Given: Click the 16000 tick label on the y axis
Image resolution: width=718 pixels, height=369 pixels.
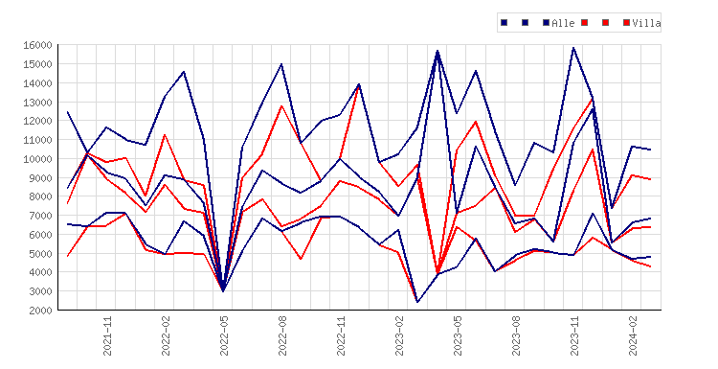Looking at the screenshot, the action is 37,45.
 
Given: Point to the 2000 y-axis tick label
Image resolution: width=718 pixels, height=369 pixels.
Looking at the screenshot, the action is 40,311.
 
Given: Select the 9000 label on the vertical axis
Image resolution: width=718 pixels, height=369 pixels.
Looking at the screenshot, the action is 40,178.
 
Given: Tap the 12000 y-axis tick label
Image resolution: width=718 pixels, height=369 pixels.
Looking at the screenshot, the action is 37,121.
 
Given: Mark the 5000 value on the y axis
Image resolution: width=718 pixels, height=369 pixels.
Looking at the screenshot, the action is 40,253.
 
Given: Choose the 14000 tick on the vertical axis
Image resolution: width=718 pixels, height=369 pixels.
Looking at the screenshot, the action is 37,83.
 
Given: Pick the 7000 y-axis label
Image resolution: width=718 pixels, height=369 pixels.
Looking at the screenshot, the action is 40,216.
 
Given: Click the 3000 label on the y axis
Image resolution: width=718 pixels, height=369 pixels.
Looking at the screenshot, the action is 40,291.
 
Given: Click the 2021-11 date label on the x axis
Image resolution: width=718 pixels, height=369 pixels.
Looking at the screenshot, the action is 107,336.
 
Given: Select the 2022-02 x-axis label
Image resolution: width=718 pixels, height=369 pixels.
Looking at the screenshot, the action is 166,336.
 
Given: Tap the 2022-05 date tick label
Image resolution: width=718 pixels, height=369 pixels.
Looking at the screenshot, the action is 224,336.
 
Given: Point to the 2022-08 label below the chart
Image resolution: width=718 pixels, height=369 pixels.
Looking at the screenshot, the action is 282,336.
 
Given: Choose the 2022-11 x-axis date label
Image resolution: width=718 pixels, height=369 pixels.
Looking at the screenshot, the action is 341,336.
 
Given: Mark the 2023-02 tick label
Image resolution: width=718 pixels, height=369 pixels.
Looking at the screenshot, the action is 399,336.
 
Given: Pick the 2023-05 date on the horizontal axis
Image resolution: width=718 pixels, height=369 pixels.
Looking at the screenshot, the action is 458,336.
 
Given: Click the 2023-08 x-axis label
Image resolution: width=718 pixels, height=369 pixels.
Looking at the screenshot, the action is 517,336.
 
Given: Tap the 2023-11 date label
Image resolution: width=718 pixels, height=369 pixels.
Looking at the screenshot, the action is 574,336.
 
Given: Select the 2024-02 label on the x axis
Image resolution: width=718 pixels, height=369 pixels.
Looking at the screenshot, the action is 634,336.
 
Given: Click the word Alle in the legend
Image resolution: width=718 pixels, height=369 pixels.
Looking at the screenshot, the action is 563,23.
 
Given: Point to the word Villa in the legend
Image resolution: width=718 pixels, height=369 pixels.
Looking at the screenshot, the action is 646,23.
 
